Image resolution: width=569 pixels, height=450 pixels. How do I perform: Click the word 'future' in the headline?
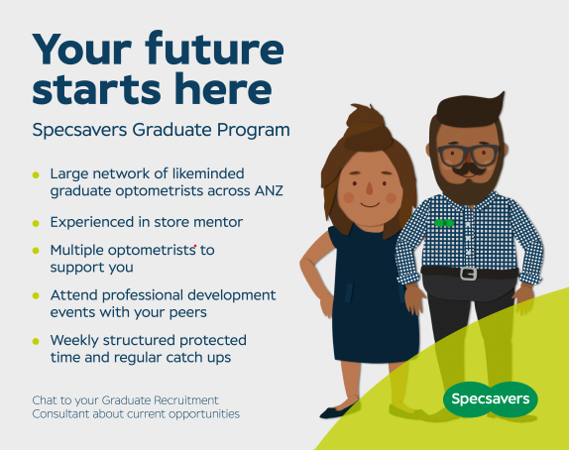[214, 49]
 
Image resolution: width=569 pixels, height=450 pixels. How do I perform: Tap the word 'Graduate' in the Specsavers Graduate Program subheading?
[171, 130]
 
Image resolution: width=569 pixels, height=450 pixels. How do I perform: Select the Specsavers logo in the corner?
[491, 399]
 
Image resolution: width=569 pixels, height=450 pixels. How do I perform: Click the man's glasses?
[468, 155]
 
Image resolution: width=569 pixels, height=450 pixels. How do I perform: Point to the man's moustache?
[469, 169]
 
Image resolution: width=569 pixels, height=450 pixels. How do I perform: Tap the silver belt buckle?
[469, 274]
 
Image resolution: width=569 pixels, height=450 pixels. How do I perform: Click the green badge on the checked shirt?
[444, 223]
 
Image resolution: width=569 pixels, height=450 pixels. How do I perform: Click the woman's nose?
[370, 188]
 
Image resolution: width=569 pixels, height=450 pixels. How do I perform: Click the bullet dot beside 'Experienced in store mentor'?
[36, 223]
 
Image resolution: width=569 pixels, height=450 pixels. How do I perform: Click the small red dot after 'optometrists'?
[195, 246]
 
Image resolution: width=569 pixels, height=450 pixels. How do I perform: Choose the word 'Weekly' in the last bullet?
[74, 341]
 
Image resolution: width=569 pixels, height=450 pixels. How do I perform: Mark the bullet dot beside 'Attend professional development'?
[36, 295]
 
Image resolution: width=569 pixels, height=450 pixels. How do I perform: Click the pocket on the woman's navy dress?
[348, 293]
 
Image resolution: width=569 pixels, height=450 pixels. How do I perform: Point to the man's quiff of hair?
[471, 109]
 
